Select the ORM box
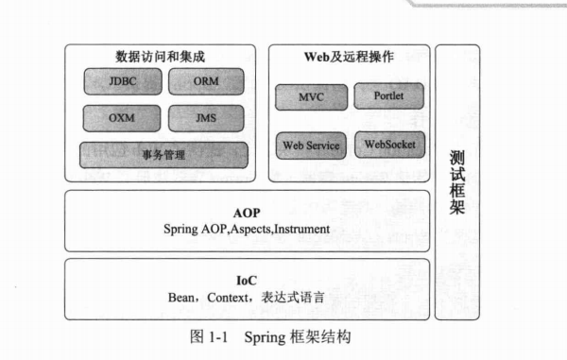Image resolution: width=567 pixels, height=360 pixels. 206,80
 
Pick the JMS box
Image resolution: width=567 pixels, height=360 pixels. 206,118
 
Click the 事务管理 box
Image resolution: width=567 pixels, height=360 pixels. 163,154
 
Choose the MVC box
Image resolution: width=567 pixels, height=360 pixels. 310,96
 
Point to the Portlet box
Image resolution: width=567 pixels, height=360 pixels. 388,95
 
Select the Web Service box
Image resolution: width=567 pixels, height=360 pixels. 310,147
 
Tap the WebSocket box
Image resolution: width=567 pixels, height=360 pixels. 388,146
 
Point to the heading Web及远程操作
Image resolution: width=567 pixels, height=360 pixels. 349,57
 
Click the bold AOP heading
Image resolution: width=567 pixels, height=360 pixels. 246,213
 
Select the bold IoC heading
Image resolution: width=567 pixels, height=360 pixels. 246,280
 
